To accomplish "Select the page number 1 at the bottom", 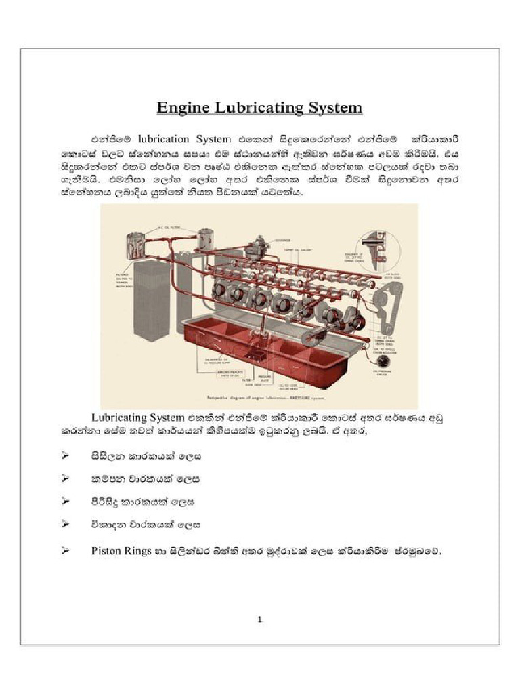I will click(260, 618).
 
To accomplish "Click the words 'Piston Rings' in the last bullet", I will click(120, 551).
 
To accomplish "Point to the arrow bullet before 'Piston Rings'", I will click(66, 551).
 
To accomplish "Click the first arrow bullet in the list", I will click(66, 456).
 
